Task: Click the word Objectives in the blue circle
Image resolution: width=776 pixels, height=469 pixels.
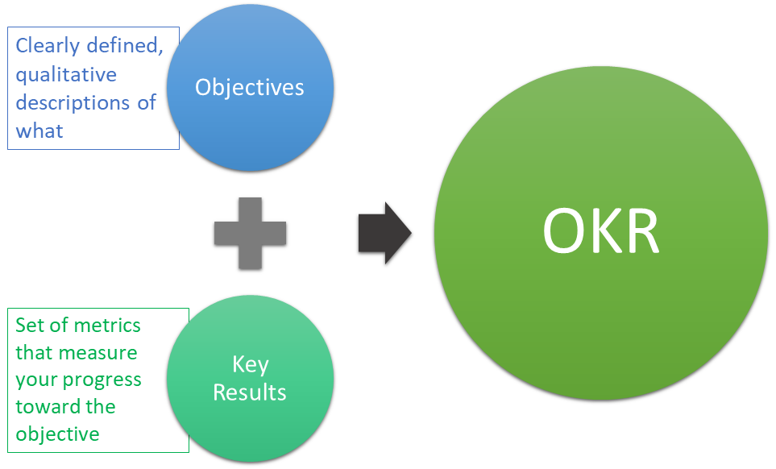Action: (250, 87)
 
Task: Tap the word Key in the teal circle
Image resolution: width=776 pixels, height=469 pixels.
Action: (250, 364)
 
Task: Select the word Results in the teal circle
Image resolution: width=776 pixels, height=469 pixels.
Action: (250, 392)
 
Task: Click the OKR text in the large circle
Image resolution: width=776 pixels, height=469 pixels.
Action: (600, 231)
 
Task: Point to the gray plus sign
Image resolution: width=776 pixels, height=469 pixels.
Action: (250, 233)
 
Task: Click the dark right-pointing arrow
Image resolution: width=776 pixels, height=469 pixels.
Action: (384, 233)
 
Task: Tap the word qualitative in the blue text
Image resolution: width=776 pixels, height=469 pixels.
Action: (66, 75)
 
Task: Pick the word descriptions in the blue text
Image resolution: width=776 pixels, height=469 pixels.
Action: (74, 103)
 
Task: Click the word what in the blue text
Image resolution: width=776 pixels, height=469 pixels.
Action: (39, 131)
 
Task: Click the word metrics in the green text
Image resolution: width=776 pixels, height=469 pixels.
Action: (108, 326)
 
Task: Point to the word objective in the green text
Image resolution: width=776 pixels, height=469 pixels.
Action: (57, 434)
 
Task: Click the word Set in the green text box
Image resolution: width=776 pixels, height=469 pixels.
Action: (31, 326)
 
